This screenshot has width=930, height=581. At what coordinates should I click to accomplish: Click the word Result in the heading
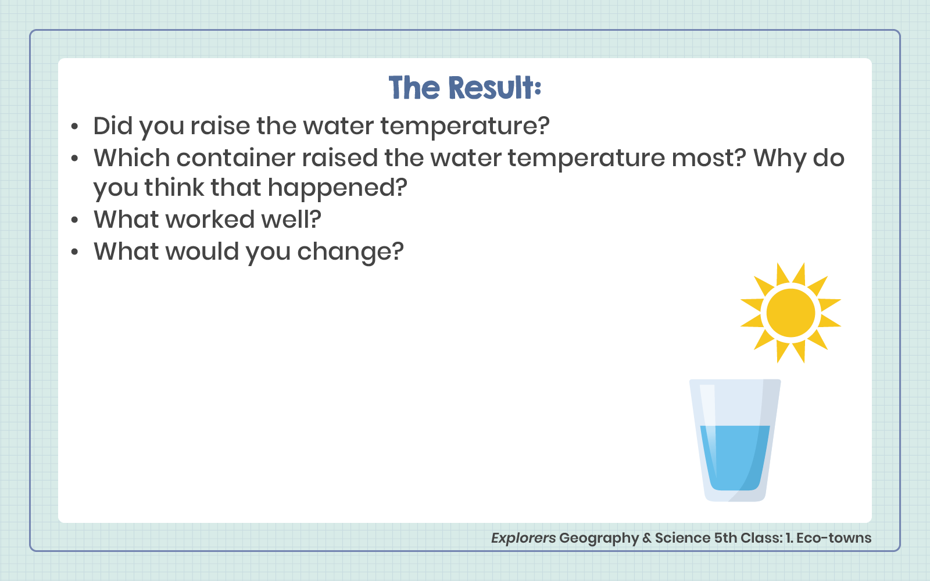pyautogui.click(x=495, y=88)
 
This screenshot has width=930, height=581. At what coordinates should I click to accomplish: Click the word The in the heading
pyautogui.click(x=414, y=88)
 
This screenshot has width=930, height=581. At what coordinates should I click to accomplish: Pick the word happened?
pyautogui.click(x=338, y=187)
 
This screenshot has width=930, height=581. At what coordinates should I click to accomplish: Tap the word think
pyautogui.click(x=174, y=187)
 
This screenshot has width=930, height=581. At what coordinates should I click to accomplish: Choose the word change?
pyautogui.click(x=350, y=252)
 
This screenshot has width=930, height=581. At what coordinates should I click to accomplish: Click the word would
pyautogui.click(x=203, y=251)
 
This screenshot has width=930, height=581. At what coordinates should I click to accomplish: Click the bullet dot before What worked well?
pyautogui.click(x=74, y=220)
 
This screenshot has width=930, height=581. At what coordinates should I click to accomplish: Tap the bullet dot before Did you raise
pyautogui.click(x=74, y=126)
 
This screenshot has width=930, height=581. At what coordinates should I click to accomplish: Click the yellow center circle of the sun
pyautogui.click(x=791, y=313)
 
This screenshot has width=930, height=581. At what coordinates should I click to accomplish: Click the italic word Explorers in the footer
pyautogui.click(x=523, y=538)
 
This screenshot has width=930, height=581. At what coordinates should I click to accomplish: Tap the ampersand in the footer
pyautogui.click(x=647, y=538)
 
